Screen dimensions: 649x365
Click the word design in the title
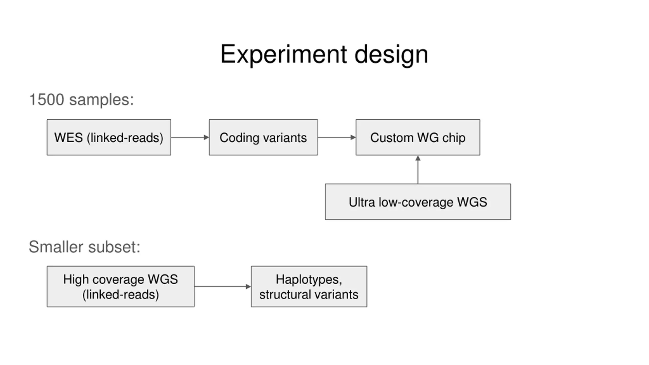[391, 54]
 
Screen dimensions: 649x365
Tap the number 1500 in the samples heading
[47, 100]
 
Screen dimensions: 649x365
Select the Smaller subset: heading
[84, 247]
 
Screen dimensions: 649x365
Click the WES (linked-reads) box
[109, 137]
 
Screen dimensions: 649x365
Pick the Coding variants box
[263, 137]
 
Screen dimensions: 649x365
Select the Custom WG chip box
[418, 137]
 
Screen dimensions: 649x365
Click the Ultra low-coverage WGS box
[418, 202]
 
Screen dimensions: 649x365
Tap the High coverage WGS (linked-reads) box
[121, 286]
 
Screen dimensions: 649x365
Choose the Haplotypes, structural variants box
[309, 286]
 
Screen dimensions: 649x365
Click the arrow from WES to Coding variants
[190, 137]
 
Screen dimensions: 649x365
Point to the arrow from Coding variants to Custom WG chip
[337, 137]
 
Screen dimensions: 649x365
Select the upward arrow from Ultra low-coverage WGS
[418, 170]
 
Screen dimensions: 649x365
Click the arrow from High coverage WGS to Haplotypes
[223, 287]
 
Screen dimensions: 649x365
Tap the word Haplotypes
[307, 280]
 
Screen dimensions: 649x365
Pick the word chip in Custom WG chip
[454, 138]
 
